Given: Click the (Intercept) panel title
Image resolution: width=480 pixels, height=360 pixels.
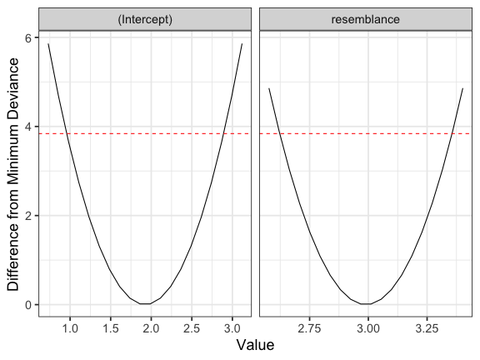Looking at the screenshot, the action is (145, 19).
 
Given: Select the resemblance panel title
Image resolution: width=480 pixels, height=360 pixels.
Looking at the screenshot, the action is (366, 19).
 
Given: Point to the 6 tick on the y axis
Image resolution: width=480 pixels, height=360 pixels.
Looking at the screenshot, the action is (28, 38).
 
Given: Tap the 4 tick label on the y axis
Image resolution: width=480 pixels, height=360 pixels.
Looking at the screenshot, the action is (28, 127).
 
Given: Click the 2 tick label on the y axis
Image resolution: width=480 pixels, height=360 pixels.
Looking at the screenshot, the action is (28, 216).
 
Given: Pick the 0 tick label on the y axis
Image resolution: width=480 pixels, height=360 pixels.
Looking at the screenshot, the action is (28, 305).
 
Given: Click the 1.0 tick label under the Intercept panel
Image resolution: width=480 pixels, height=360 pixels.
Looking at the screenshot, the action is (70, 329).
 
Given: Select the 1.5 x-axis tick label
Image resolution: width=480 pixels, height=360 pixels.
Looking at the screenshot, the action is (111, 329).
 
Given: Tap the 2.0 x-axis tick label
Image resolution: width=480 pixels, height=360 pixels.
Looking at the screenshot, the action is (151, 329).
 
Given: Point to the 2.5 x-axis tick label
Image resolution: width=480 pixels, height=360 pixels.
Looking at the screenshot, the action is (192, 329).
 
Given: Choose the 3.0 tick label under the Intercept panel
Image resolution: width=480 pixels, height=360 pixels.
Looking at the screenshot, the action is (232, 329).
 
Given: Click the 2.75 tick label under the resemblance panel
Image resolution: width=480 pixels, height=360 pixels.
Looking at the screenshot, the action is (309, 329).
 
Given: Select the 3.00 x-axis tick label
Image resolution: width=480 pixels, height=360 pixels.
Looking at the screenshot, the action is (368, 329).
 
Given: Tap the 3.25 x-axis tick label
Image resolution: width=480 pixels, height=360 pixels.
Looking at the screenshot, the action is (427, 329).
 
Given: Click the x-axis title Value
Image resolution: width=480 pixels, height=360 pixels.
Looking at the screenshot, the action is (255, 345).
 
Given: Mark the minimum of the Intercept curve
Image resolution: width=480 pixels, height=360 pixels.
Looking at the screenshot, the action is (145, 303).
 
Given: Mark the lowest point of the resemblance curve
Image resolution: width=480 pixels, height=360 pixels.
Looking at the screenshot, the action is (366, 304).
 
